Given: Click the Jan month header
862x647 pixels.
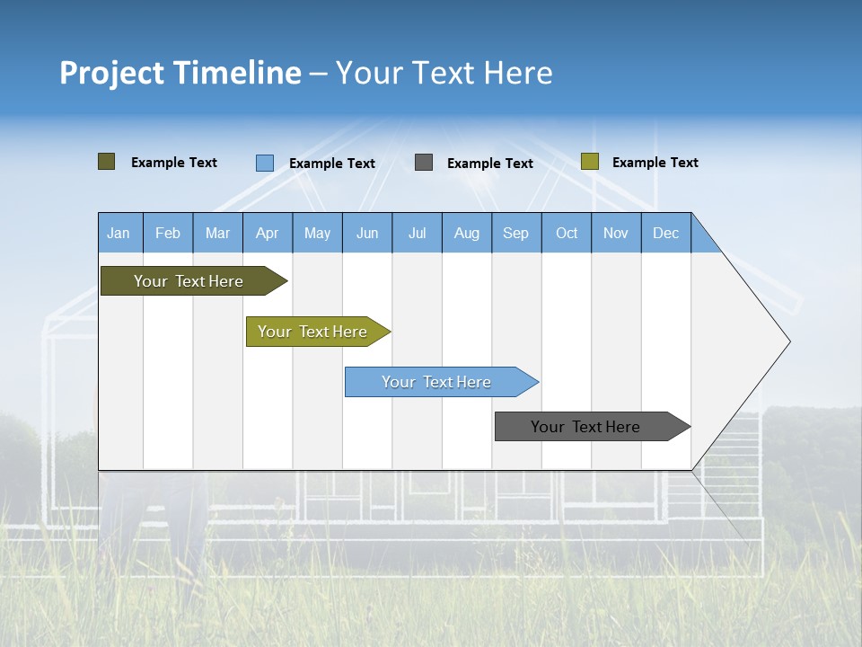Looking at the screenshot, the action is [x=119, y=233].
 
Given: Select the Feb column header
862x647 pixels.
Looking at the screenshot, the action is [x=168, y=233].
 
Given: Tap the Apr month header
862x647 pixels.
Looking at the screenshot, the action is [x=268, y=233].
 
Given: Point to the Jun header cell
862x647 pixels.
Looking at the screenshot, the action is [x=367, y=233].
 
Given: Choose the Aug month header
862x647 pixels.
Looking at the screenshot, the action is [x=467, y=233].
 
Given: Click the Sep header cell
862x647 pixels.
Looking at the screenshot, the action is [x=516, y=233].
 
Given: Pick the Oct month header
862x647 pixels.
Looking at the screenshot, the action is [x=567, y=233].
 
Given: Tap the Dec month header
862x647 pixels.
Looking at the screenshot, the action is [x=666, y=233].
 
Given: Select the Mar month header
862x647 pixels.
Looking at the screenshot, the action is [x=217, y=233].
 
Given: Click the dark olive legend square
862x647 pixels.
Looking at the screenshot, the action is [x=106, y=162].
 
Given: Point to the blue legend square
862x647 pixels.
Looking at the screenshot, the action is [x=265, y=163].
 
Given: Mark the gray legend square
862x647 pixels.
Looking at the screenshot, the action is [x=424, y=163].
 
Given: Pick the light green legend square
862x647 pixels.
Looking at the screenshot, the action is [x=590, y=162].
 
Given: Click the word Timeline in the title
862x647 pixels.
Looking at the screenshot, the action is [x=237, y=73].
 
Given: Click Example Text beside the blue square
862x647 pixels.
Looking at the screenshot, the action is [x=332, y=164].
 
